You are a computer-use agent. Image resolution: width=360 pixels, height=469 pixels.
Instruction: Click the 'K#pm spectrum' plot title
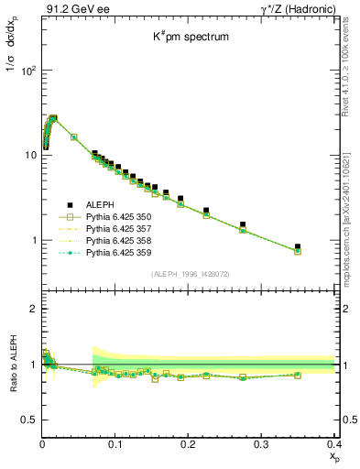(x=190, y=38)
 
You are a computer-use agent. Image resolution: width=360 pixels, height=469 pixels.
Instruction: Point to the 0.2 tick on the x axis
(x=189, y=443)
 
